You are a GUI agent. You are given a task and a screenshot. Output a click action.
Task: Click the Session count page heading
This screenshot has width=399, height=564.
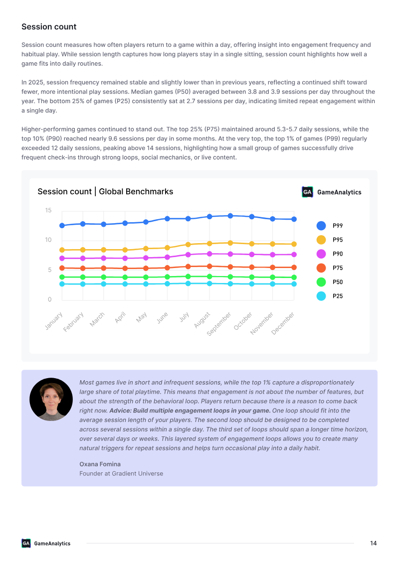(x=49, y=26)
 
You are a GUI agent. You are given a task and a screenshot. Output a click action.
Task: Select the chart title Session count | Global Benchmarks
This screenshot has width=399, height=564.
(x=105, y=191)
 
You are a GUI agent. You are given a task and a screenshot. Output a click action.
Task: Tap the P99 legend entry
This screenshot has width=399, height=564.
(x=330, y=226)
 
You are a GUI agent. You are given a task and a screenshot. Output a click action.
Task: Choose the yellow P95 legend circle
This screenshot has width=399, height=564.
(x=321, y=240)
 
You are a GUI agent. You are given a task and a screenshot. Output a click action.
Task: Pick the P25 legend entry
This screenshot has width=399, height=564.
(x=330, y=296)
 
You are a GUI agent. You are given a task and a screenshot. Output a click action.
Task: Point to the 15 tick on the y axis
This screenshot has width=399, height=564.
(x=48, y=210)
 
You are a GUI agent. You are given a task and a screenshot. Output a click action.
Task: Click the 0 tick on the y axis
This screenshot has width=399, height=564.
(x=50, y=299)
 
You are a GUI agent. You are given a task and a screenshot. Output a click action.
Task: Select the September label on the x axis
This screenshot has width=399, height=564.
(x=219, y=324)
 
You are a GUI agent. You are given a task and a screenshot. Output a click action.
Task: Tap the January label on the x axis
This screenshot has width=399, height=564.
(x=54, y=321)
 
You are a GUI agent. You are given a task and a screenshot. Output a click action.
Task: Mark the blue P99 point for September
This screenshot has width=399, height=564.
(x=230, y=216)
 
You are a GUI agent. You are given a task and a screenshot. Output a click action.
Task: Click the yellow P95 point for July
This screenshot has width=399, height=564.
(x=188, y=245)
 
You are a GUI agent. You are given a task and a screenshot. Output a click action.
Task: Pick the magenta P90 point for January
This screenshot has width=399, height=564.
(x=62, y=258)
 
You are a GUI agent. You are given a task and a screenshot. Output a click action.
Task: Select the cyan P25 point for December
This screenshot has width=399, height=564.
(x=294, y=284)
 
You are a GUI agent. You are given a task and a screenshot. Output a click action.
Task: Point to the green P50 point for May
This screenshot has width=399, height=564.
(x=146, y=278)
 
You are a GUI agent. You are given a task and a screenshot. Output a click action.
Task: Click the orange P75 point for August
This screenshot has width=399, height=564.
(x=209, y=266)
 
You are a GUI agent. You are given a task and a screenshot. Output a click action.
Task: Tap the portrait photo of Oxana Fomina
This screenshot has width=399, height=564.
(x=51, y=399)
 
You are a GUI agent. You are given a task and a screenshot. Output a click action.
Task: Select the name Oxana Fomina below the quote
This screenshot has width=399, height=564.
(x=100, y=464)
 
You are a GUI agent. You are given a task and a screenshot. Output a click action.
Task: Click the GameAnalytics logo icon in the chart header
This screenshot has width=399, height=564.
(x=307, y=192)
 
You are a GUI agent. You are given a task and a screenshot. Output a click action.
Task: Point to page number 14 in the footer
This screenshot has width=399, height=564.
(x=374, y=543)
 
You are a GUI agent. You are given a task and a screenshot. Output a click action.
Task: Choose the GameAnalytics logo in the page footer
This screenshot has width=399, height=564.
(x=46, y=543)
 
